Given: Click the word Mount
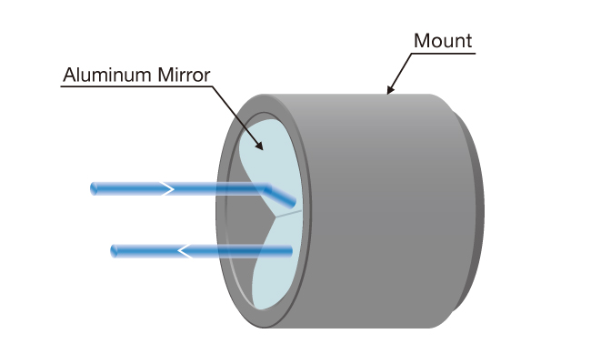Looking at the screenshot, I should (x=443, y=41).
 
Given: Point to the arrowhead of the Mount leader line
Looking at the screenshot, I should (x=389, y=93).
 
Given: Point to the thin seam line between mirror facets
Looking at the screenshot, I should (x=287, y=217).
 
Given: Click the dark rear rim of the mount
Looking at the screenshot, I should (x=474, y=209).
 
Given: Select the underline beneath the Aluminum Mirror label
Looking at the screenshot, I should (x=136, y=87).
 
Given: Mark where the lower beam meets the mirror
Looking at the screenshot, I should (x=290, y=250).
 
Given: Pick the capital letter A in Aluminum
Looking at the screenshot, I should (x=68, y=76).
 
